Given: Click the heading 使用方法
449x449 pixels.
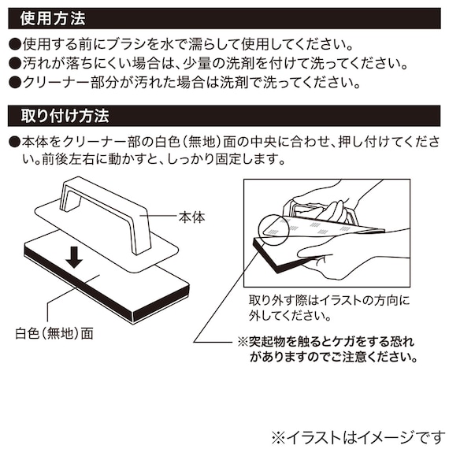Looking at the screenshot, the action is tap(53, 19).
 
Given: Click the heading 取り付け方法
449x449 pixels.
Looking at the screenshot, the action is tap(65, 116).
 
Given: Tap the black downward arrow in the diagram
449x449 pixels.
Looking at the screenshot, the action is tap(74, 258).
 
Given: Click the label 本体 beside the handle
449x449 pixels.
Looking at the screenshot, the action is tap(192, 217).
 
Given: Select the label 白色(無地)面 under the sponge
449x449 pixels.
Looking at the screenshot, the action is tap(54, 333).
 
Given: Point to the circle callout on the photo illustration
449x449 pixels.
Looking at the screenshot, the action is tap(274, 230).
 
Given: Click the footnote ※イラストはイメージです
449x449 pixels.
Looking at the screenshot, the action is tap(360, 438).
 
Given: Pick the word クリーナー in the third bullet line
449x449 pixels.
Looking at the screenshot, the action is tap(57, 83).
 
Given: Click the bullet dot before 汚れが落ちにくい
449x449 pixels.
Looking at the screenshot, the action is tap(15, 64).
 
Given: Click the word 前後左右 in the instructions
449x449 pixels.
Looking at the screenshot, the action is tap(69, 159).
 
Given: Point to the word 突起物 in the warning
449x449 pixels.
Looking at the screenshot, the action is tap(269, 342).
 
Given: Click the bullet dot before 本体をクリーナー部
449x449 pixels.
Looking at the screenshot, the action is tap(15, 142).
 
